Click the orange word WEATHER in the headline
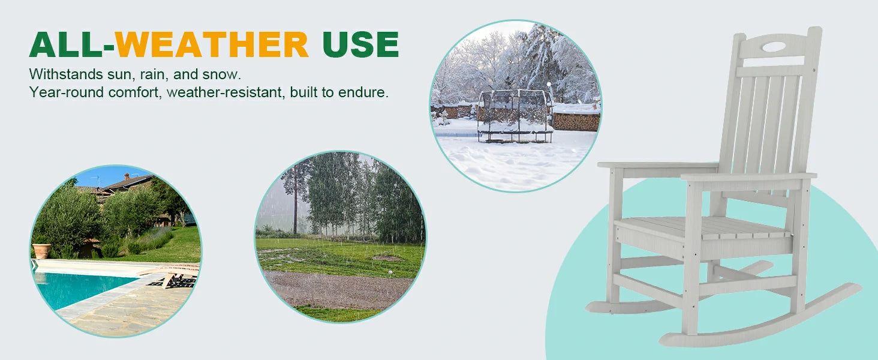tap(212, 44)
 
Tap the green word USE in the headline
tap(360, 44)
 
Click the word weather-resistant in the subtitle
tap(225, 92)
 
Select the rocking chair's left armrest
tap(658, 166)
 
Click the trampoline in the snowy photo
tap(515, 116)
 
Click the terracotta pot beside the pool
tap(41, 251)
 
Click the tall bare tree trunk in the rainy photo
tap(295, 200)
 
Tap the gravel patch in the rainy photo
tap(337, 289)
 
